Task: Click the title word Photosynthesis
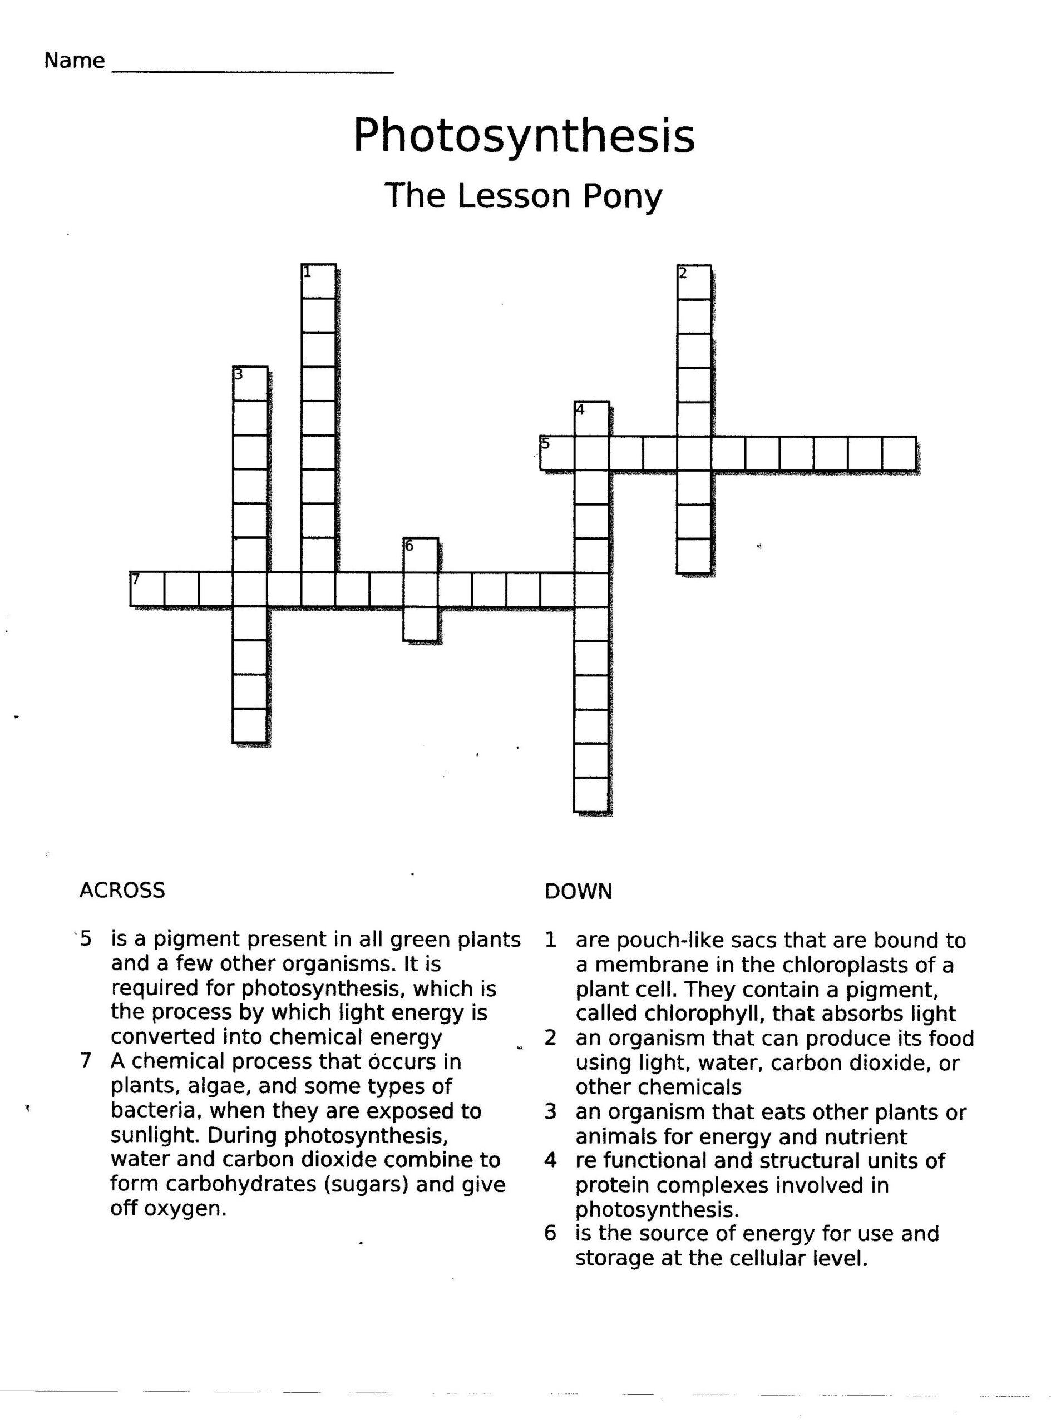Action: (524, 136)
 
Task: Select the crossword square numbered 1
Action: (318, 281)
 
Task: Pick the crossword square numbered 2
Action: (694, 283)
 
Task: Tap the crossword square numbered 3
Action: (249, 383)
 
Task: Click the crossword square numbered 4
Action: (591, 418)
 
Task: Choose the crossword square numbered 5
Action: (557, 453)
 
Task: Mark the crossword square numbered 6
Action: (420, 555)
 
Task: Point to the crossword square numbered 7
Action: (147, 589)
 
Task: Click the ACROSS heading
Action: (122, 890)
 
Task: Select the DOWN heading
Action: (578, 892)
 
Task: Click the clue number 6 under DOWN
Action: (550, 1233)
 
